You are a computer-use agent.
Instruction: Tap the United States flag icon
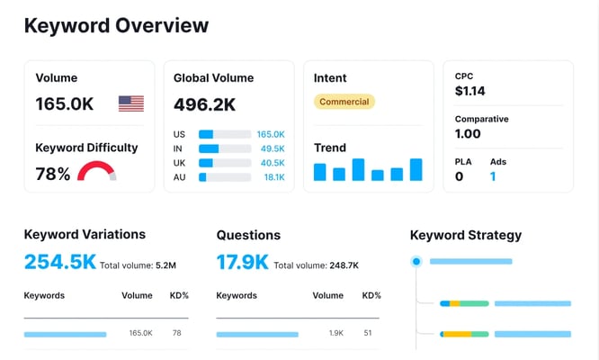click(131, 104)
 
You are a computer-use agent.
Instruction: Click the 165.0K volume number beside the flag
click(65, 104)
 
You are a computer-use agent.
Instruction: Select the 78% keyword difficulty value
click(52, 174)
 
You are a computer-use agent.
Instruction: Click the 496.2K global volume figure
click(204, 105)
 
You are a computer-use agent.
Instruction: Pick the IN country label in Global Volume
click(179, 148)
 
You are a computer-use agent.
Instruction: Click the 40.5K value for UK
click(271, 163)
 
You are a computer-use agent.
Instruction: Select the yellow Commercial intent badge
click(344, 102)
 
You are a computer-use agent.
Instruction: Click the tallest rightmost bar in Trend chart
click(416, 169)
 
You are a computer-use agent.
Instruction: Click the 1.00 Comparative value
click(468, 134)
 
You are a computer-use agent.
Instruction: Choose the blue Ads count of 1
click(493, 176)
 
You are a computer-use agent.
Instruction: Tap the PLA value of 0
click(459, 176)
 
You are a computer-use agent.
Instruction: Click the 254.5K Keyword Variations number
click(59, 262)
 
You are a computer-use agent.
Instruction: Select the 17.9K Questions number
click(242, 262)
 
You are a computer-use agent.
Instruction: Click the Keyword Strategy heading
click(465, 235)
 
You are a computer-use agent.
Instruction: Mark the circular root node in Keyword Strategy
click(416, 262)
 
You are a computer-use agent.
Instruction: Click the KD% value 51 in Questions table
click(368, 333)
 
